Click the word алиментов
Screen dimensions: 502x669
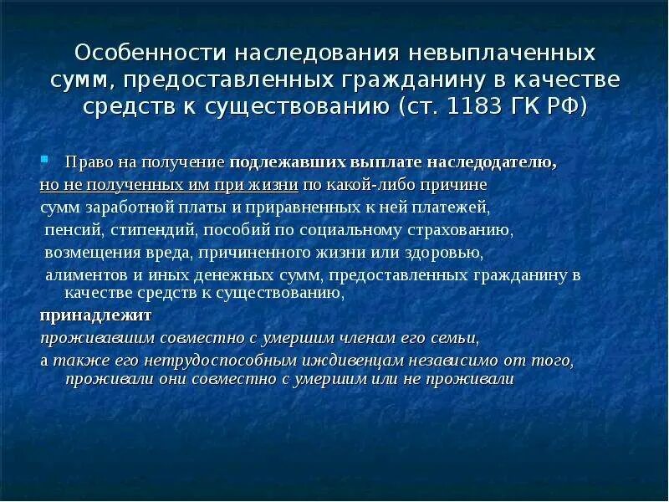82,275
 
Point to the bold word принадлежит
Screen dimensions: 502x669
82,315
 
